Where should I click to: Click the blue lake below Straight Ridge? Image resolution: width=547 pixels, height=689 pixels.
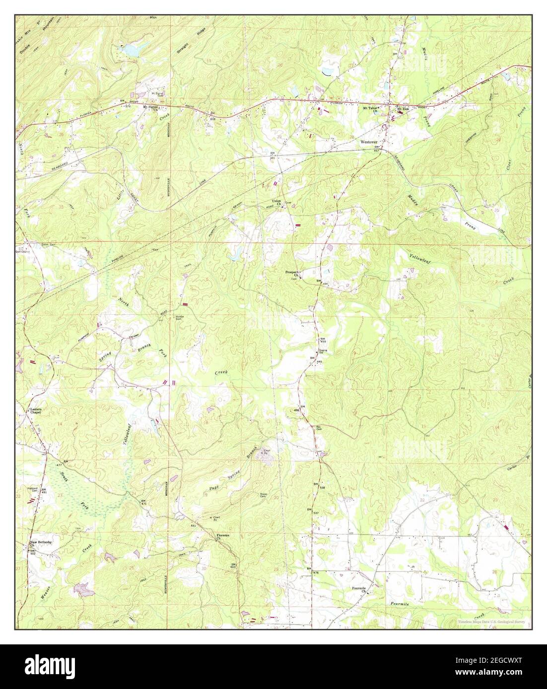131,50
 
